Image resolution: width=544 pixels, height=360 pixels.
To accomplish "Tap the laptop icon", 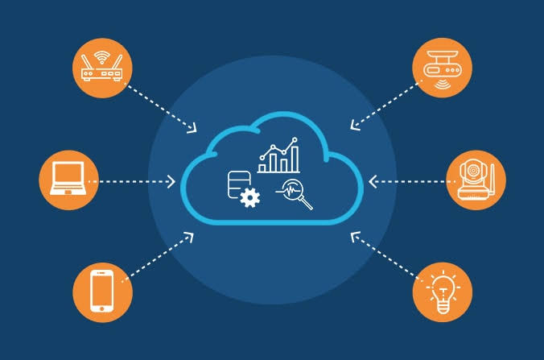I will coord(68,180).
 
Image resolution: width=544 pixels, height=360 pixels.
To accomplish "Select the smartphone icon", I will coord(102,291).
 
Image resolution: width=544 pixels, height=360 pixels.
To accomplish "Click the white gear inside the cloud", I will coord(249,197).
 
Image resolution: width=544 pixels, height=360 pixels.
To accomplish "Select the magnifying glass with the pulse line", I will coord(295,194).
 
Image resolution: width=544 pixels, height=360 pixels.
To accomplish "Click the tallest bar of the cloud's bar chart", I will coord(295,158).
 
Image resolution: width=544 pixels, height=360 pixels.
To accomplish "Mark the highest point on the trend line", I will coord(295,139).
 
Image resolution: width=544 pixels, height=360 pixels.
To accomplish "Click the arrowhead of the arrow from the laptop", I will coord(171,181).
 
